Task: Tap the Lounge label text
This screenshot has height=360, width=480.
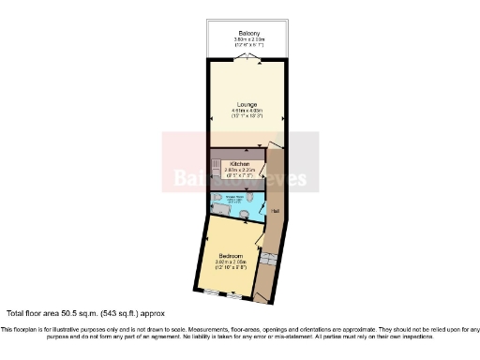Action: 247,105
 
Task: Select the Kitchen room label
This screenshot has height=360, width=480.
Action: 239,163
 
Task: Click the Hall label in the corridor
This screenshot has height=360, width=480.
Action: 275,211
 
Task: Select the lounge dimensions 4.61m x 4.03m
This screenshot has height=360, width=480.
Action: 247,112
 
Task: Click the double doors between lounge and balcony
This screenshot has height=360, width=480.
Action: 247,57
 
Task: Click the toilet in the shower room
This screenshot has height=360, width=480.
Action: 245,215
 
